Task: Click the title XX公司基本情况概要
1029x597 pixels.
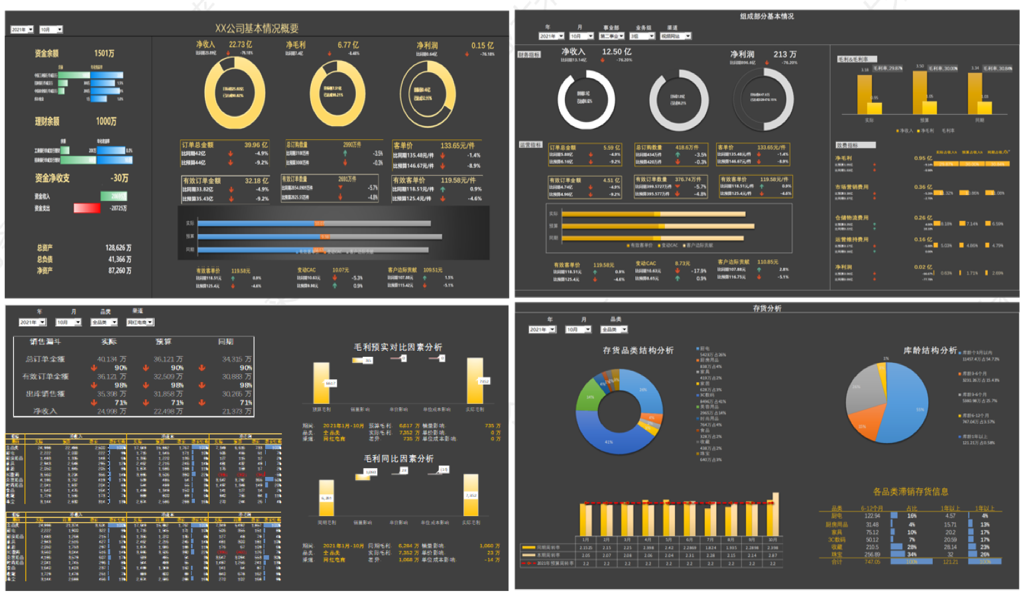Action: tap(257, 29)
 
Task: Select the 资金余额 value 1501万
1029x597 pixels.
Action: tap(104, 53)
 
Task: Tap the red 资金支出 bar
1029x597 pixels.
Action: tap(87, 208)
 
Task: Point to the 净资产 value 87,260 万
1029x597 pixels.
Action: tap(119, 271)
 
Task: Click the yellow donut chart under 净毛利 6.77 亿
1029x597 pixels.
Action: tap(337, 94)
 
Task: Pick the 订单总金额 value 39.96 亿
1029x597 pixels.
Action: tap(256, 145)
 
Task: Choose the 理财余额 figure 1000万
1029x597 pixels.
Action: tap(106, 121)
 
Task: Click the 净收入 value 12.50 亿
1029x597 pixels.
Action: tap(617, 52)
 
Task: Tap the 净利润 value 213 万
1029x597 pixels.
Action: tap(785, 54)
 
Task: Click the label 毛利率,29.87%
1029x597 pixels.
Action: tap(887, 68)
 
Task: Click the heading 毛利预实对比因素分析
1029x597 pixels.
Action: tap(398, 347)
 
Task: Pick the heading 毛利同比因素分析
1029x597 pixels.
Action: tap(398, 458)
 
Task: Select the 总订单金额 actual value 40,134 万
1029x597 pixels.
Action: tap(111, 359)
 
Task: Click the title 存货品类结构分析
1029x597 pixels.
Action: tap(638, 350)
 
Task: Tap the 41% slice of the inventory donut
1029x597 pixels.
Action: tap(609, 442)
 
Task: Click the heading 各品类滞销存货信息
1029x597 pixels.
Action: tap(910, 492)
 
